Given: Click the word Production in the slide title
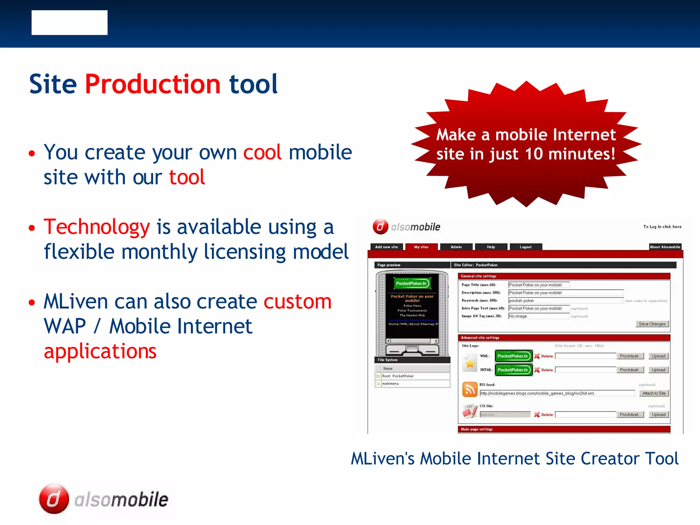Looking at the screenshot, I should (x=152, y=84).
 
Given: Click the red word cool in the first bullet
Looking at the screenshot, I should (x=262, y=152).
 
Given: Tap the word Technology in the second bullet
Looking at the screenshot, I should (x=97, y=227).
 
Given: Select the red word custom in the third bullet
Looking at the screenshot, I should (x=297, y=301).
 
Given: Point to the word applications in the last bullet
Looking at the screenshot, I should (x=100, y=351).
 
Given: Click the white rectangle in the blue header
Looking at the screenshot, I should (x=69, y=23).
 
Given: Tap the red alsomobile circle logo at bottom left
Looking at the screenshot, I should (x=54, y=499).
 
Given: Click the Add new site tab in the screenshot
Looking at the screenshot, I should (x=386, y=247).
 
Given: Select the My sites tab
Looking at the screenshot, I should (x=421, y=247).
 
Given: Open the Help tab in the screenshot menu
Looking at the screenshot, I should (x=491, y=247).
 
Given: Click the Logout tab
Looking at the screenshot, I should (x=525, y=247).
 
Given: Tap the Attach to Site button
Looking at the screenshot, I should (x=654, y=393).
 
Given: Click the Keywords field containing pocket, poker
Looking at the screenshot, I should (x=565, y=301).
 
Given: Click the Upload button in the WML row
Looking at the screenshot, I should (x=658, y=356).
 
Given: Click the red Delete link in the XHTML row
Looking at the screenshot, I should (x=547, y=370).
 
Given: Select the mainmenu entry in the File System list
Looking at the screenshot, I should (x=390, y=384).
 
